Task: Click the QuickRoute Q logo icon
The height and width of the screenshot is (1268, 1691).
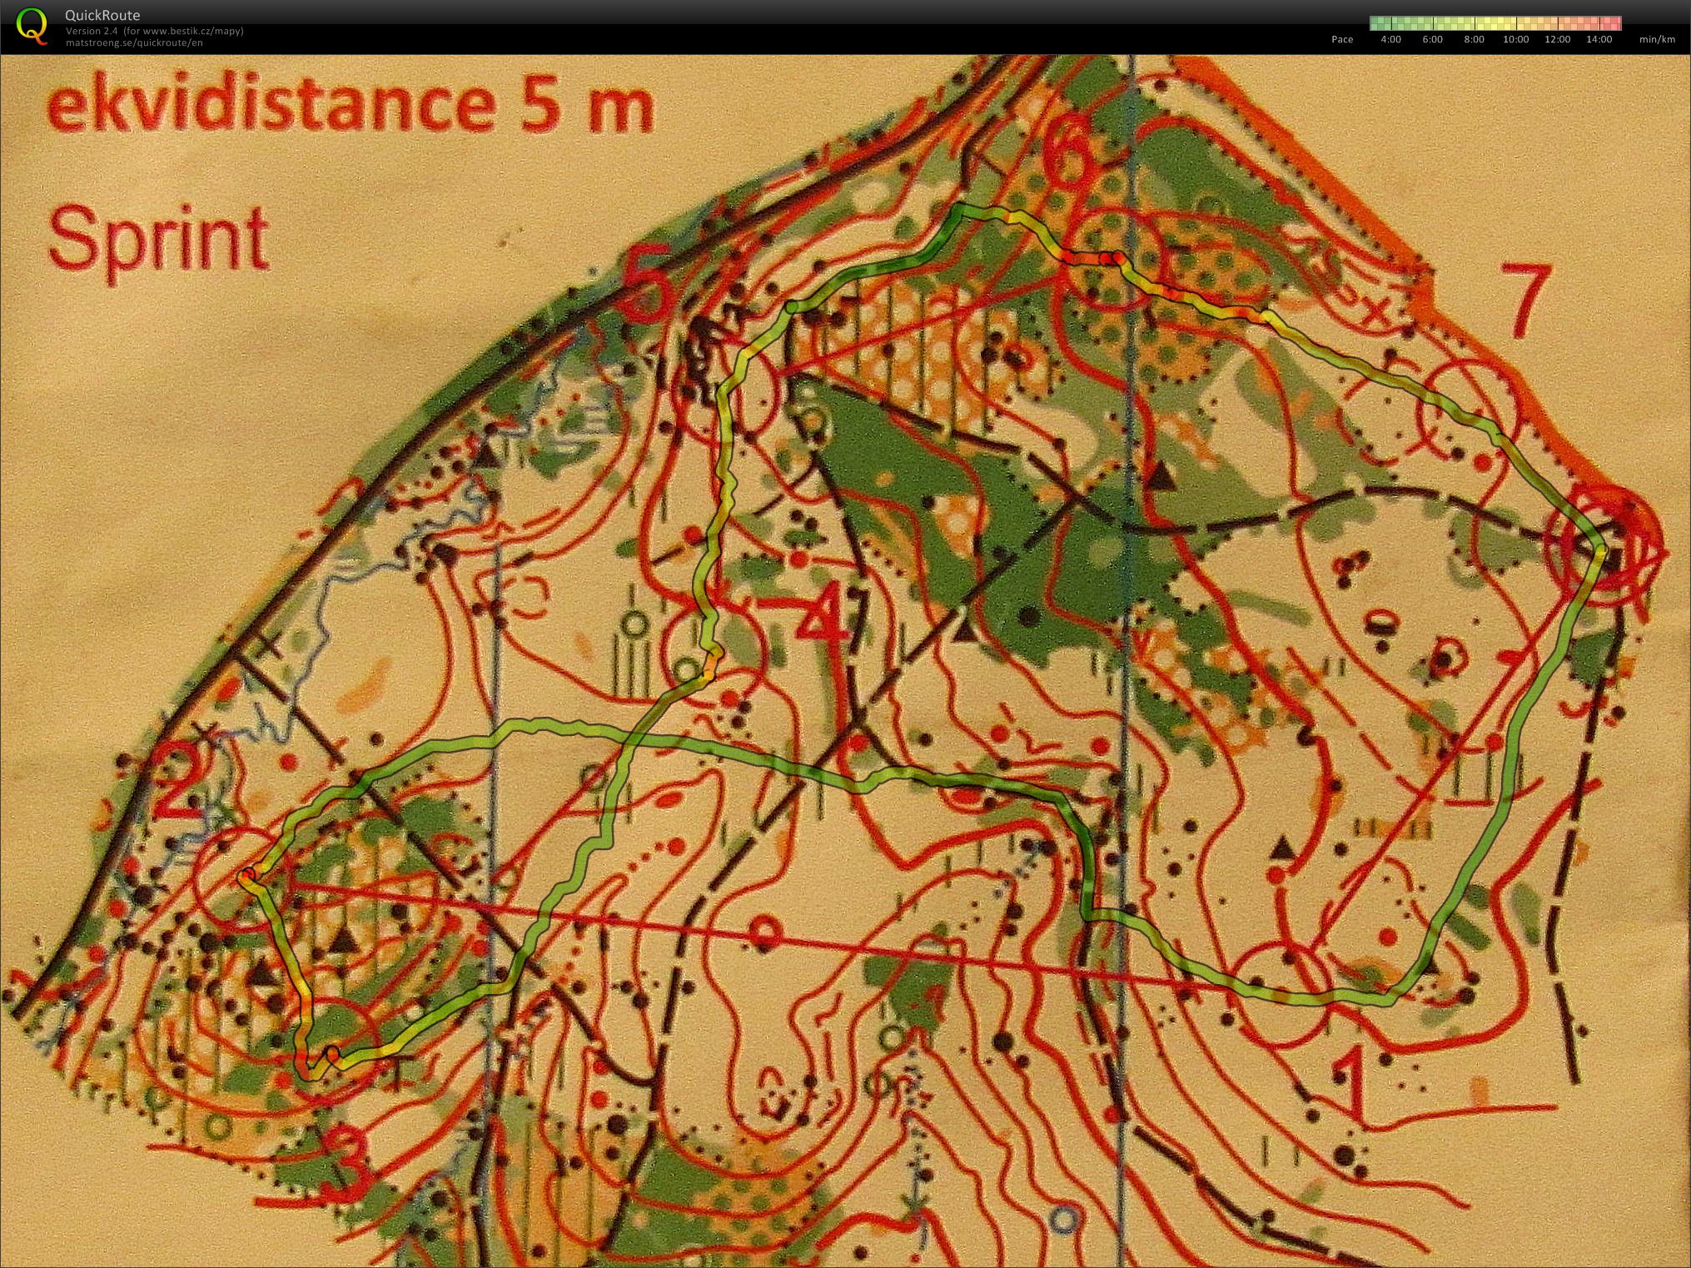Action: (32, 23)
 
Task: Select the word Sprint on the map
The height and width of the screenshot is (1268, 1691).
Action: (157, 239)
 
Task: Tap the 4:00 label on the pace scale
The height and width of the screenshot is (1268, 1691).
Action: (1390, 39)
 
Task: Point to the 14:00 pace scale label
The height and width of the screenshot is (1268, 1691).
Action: (1599, 39)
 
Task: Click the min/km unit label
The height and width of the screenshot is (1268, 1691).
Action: (1656, 39)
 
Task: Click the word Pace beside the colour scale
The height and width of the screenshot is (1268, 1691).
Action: (1342, 39)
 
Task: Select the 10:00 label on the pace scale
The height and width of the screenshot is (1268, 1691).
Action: (1515, 39)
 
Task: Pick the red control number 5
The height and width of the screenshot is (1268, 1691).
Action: (649, 287)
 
